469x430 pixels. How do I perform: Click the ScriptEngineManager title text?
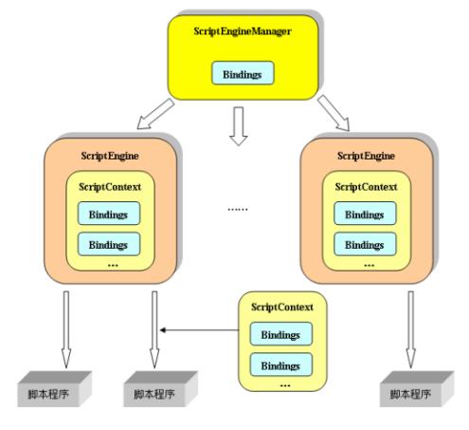pos(243,31)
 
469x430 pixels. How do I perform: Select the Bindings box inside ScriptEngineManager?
pos(243,73)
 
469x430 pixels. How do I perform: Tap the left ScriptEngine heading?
pos(110,156)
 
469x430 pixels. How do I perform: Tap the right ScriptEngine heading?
pos(366,156)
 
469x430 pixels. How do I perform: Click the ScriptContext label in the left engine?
pos(110,187)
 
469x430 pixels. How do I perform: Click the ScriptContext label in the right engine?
pos(366,187)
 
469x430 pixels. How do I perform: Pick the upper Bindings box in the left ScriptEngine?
pos(109,214)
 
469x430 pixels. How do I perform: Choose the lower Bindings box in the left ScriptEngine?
pos(109,244)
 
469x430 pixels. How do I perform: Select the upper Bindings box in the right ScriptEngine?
pos(365,214)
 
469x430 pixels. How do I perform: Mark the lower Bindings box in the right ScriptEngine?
pos(365,244)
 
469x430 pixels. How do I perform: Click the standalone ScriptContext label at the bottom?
pos(282,307)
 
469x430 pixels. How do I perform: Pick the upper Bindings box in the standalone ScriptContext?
pos(281,334)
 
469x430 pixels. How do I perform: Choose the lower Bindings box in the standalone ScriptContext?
pos(281,365)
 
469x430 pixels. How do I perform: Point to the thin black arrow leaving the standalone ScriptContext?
pos(199,330)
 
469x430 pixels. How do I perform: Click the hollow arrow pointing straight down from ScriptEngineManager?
pos(239,126)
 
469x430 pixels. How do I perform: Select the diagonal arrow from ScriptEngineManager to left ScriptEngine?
pos(155,114)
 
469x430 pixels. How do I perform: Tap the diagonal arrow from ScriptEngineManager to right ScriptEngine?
pos(334,113)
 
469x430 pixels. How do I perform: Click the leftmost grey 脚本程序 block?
pos(54,389)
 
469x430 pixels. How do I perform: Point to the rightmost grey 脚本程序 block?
pos(417,389)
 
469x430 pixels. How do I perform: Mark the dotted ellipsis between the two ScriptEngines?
pos(238,209)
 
